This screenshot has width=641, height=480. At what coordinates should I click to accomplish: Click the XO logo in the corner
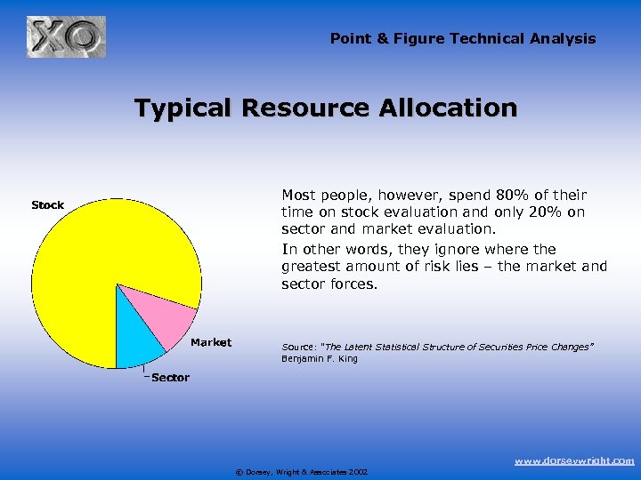click(x=66, y=37)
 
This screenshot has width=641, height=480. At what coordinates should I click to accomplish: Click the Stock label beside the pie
click(x=47, y=205)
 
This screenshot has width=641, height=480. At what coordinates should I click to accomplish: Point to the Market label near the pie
click(x=211, y=342)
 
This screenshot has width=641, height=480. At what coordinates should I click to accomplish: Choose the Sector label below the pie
click(x=170, y=378)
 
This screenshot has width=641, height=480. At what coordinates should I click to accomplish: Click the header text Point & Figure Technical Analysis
click(x=463, y=38)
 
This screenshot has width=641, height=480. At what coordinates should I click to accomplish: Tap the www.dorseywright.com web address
click(x=575, y=460)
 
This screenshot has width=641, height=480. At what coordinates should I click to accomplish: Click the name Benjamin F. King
click(x=320, y=359)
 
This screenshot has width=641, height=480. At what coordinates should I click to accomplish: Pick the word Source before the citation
click(x=297, y=347)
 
